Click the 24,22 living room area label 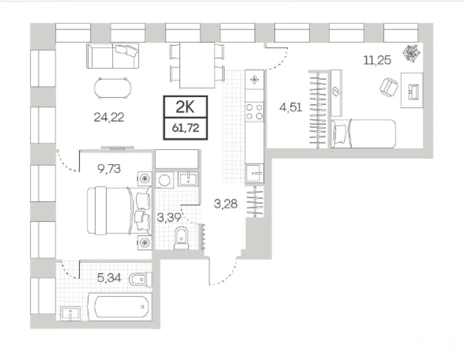click(109, 117)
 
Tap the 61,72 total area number click(186, 128)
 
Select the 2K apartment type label click(186, 106)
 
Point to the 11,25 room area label click(377, 60)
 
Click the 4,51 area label click(291, 107)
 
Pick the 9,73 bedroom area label click(109, 169)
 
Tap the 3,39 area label click(169, 218)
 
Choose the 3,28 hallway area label click(225, 203)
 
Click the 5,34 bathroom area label click(109, 278)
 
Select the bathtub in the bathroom click(121, 306)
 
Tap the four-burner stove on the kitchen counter click(254, 111)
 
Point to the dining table click(197, 65)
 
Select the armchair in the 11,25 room click(389, 87)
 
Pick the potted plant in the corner click(411, 53)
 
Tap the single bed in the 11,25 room click(363, 133)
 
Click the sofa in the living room click(113, 55)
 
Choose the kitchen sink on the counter click(254, 172)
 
